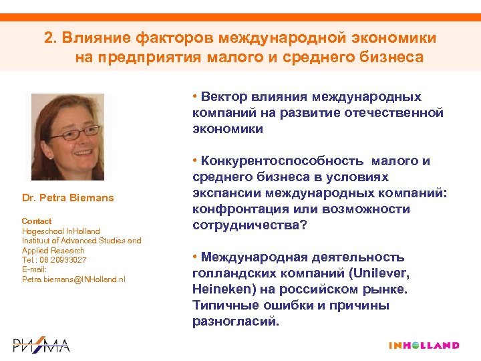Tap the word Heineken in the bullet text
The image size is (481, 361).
coord(220,289)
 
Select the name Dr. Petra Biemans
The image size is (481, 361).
coord(68,197)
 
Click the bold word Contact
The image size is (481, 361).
coord(36,221)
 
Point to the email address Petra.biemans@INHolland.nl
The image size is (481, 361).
coord(73,279)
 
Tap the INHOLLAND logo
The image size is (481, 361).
coord(424,346)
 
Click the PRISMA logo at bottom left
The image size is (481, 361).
coord(41,345)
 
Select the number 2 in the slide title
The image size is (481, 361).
coord(48,37)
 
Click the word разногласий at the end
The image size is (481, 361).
coord(234,321)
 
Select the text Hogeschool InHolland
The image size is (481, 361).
coord(61,231)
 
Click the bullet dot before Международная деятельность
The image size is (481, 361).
coord(194,257)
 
